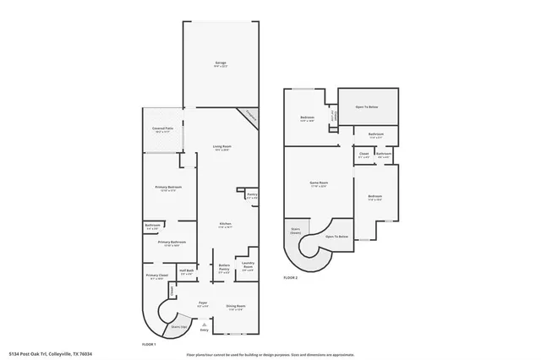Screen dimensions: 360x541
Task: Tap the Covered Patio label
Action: (163, 129)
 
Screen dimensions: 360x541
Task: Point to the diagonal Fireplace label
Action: (251, 117)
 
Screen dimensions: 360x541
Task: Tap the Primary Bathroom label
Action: (172, 243)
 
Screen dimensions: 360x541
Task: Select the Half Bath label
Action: (187, 271)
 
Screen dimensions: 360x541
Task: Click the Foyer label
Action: (203, 303)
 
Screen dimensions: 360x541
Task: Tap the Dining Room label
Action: (236, 306)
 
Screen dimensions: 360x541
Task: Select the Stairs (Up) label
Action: (179, 326)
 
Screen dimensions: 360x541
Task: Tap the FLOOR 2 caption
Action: (291, 277)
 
